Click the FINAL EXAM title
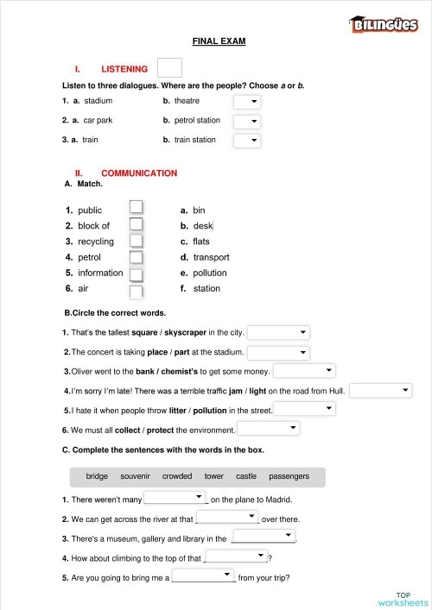click(x=219, y=41)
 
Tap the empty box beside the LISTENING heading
click(x=170, y=68)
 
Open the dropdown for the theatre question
click(x=247, y=102)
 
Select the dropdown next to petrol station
click(x=247, y=121)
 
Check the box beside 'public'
click(x=136, y=207)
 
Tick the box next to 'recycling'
click(x=136, y=241)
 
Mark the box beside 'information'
click(x=136, y=274)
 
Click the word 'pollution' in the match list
click(x=210, y=274)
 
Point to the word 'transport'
click(x=211, y=257)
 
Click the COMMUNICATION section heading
click(x=139, y=173)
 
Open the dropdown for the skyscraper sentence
click(x=278, y=332)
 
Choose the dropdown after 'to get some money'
click(x=304, y=371)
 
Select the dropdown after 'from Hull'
click(x=381, y=390)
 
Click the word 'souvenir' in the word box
click(x=136, y=476)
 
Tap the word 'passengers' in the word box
click(x=289, y=476)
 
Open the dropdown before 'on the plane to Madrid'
click(x=175, y=498)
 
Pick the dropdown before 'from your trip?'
click(x=204, y=575)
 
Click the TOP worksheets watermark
click(x=403, y=599)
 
